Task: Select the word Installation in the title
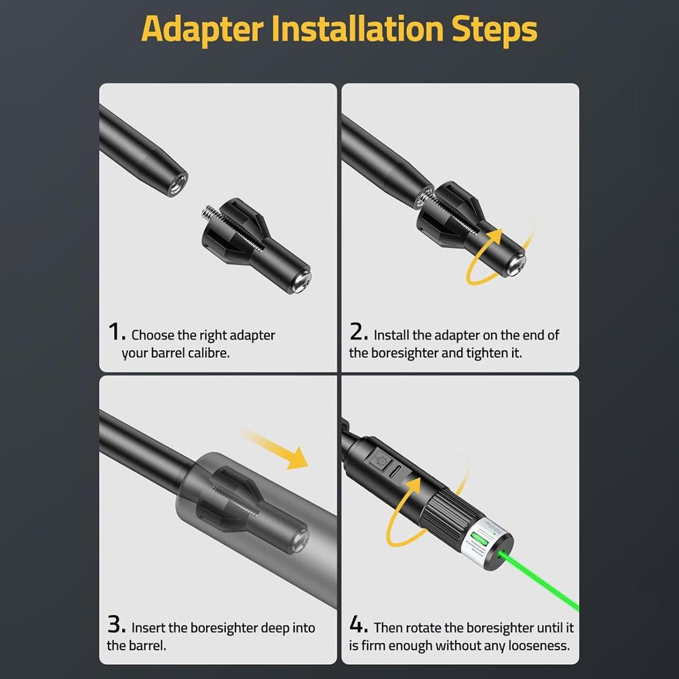point(357,28)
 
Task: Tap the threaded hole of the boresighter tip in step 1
point(178,182)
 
